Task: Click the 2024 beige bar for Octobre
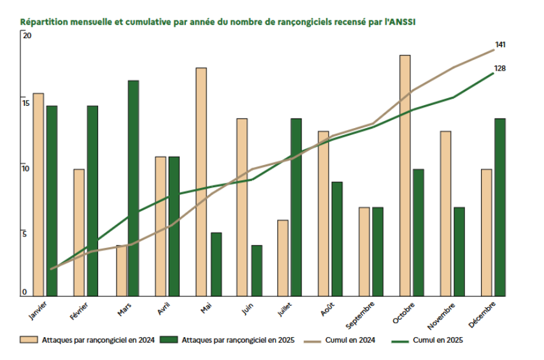[405, 175]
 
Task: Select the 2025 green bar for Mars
[133, 188]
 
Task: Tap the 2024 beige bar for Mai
[201, 182]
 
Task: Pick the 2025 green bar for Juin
[257, 270]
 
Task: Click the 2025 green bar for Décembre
[500, 207]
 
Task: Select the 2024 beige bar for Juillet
[283, 257]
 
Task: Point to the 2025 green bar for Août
[337, 239]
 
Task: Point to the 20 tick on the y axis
[26, 36]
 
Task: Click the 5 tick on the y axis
[25, 234]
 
